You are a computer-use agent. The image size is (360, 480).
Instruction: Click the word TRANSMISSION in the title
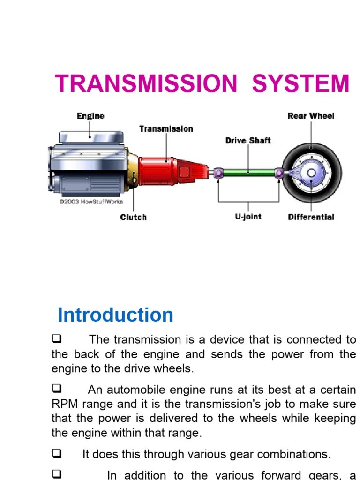146,84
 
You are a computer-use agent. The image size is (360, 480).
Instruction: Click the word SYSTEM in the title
300,84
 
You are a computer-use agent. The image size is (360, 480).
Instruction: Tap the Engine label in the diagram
90,116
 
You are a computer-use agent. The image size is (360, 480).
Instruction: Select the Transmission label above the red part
166,128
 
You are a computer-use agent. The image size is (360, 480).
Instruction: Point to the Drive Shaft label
248,140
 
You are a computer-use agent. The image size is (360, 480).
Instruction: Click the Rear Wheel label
311,116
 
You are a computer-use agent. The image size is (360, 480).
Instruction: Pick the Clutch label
133,217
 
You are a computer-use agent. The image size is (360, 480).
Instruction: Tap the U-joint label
248,217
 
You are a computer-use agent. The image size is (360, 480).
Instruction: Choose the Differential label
311,217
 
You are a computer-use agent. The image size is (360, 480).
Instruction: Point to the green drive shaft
248,173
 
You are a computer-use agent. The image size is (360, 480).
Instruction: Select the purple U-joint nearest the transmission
218,173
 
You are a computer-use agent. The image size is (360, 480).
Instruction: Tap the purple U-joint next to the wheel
279,173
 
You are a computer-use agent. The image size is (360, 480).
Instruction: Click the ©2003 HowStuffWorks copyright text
91,202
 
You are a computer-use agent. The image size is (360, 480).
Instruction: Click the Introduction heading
115,315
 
